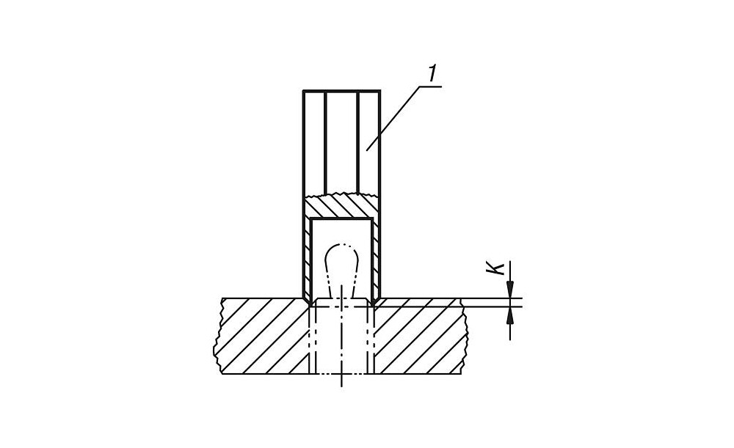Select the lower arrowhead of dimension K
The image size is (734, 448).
click(x=510, y=316)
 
